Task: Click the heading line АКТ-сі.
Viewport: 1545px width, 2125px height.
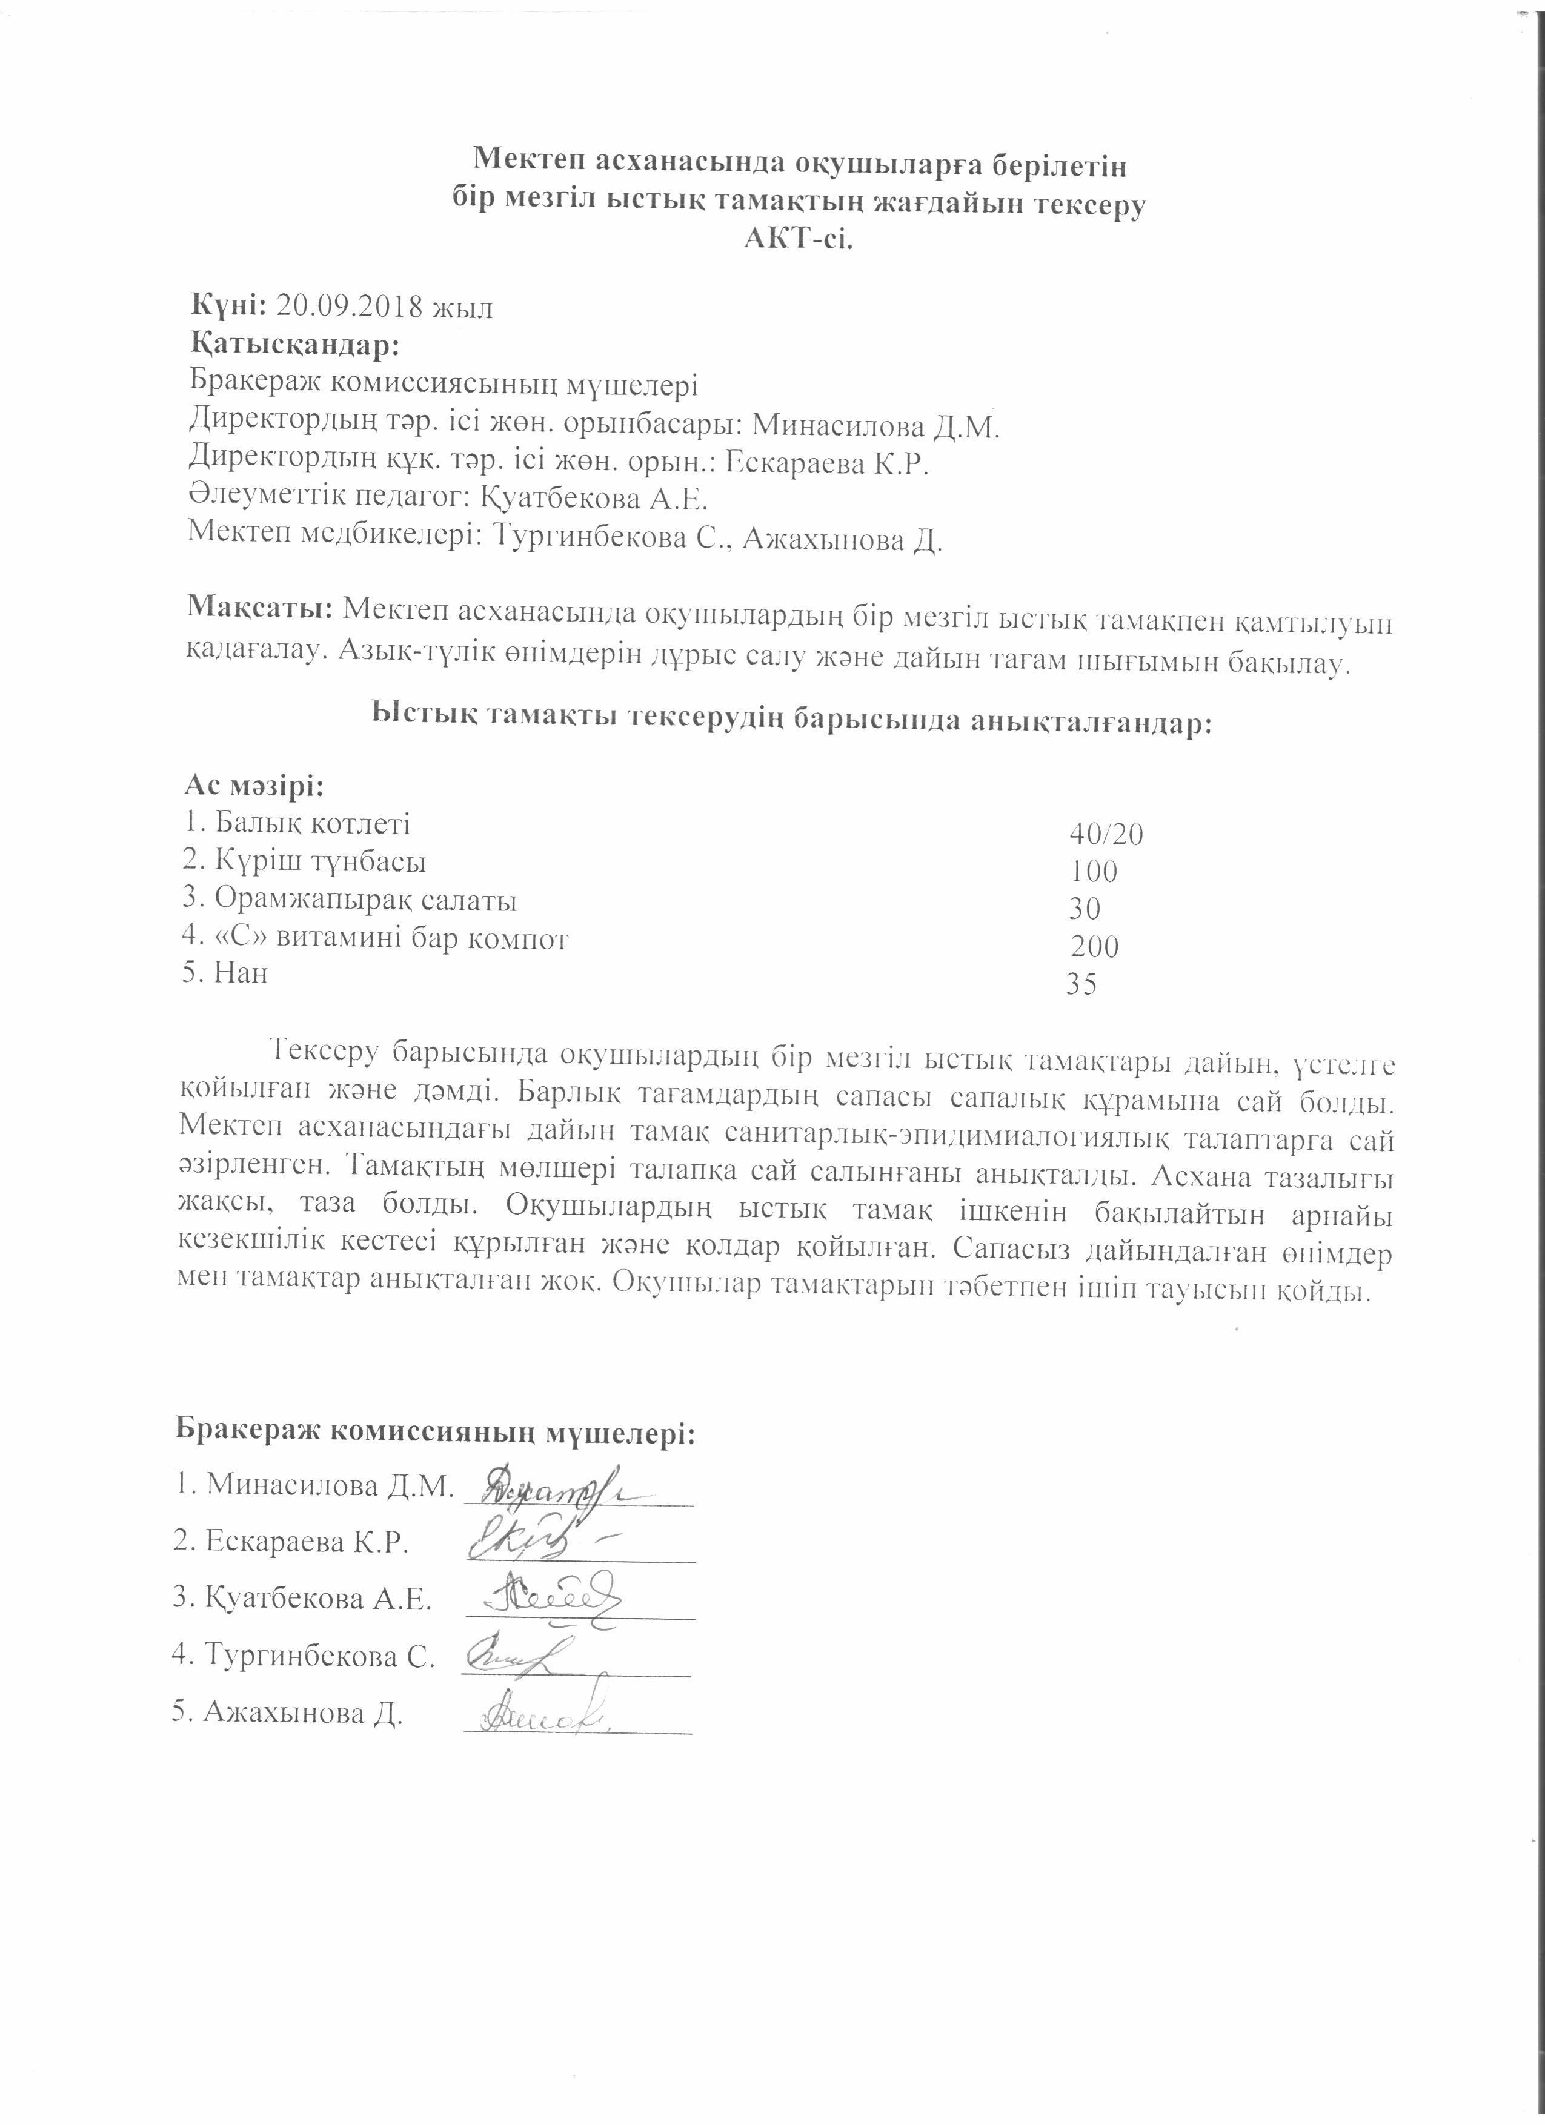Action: (x=799, y=240)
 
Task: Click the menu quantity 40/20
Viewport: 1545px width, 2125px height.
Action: (x=1106, y=834)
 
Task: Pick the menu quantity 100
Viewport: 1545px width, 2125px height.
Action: (x=1094, y=871)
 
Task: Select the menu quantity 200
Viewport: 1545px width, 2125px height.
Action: (x=1094, y=946)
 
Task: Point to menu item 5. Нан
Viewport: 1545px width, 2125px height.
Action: (x=226, y=973)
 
